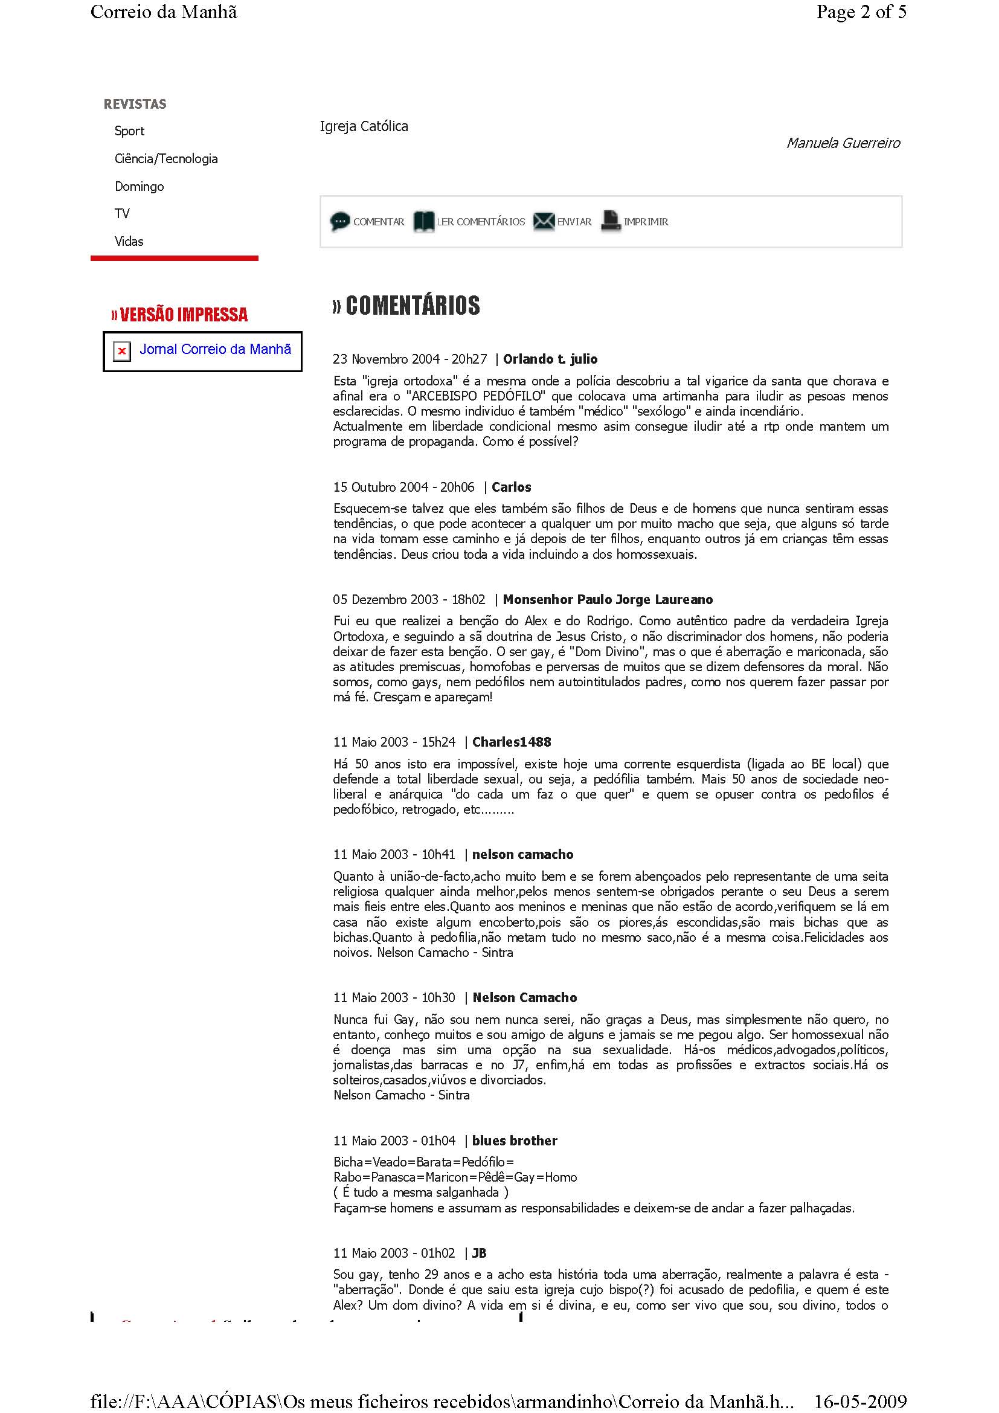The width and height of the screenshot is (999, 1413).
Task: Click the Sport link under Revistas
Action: [x=129, y=131]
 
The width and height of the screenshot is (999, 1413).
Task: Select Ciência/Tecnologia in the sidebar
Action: [x=166, y=159]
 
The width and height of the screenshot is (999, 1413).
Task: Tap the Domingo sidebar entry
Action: [x=139, y=187]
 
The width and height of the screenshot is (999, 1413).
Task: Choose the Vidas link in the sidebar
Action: [x=129, y=241]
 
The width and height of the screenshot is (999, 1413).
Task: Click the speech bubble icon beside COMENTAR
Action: [x=339, y=221]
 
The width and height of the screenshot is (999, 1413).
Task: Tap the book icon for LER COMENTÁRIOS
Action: [x=423, y=221]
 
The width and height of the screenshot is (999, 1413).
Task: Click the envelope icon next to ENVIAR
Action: [x=543, y=221]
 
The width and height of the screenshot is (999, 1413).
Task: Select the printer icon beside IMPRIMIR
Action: [x=611, y=221]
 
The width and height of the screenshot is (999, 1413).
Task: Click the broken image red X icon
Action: [x=122, y=352]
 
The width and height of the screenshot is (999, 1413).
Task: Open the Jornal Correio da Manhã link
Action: [x=215, y=350]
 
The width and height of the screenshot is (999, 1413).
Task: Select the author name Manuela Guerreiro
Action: [x=843, y=143]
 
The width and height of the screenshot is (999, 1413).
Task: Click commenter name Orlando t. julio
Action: [x=550, y=359]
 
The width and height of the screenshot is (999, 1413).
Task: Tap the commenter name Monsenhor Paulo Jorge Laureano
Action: [x=608, y=599]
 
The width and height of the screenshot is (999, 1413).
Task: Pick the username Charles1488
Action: [x=512, y=742]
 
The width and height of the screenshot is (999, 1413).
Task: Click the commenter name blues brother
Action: [x=514, y=1141]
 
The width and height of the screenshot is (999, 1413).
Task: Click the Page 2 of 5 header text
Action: [x=861, y=12]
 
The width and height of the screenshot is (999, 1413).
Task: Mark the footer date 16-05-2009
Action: [x=860, y=1402]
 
